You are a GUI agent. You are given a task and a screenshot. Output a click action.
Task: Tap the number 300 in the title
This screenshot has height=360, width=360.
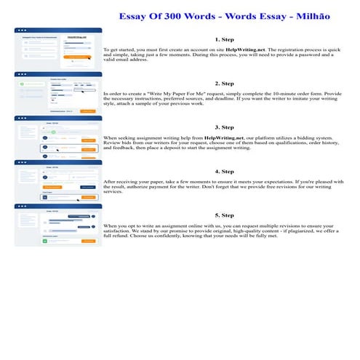coord(153,14)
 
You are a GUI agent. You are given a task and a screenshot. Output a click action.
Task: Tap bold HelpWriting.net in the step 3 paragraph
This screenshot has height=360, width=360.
coord(230,137)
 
